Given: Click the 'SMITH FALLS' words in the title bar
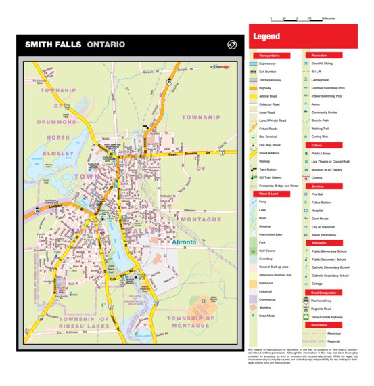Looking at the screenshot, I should [53, 45].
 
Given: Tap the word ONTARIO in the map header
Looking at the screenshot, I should [106, 45].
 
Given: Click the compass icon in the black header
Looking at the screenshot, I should [231, 45].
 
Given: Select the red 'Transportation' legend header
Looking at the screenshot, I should [271, 55].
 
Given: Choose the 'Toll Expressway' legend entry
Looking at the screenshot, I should [272, 79].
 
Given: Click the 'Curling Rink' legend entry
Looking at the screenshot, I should [321, 136].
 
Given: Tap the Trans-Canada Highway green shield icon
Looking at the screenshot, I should [307, 316].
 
